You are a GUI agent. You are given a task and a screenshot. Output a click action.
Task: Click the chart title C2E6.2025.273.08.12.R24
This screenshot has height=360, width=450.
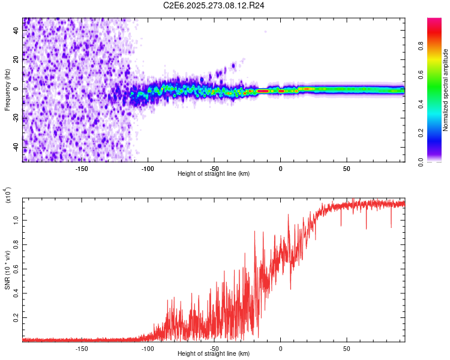(214, 5)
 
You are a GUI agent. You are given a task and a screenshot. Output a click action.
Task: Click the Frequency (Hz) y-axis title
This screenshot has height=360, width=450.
(7, 89)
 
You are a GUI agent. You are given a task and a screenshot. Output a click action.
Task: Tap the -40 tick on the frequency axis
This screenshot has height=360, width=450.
(17, 147)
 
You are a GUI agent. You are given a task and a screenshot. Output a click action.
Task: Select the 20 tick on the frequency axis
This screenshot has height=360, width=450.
(17, 59)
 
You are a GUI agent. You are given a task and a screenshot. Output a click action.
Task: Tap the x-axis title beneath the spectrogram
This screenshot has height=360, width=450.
(214, 174)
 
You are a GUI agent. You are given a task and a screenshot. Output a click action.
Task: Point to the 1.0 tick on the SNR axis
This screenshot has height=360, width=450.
(17, 220)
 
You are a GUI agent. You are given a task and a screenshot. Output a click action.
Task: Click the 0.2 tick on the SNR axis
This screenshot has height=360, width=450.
(17, 317)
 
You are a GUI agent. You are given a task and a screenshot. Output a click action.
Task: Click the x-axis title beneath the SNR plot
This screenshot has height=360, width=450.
(214, 355)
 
